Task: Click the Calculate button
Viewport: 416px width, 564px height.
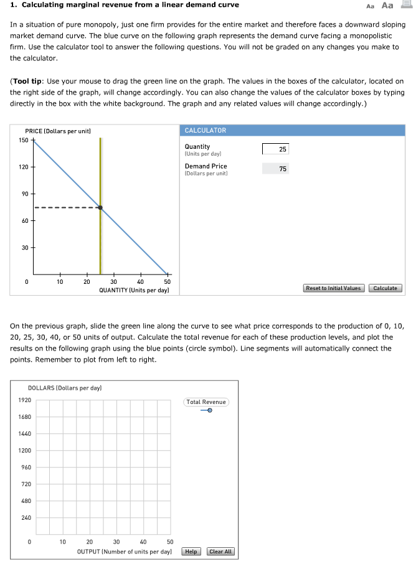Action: tap(385, 288)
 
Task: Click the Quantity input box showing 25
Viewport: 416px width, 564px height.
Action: tap(275, 149)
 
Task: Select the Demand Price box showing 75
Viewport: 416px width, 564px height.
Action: tap(275, 169)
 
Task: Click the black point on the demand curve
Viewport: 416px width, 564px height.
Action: tap(100, 208)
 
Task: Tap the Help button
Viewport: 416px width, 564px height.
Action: tap(191, 552)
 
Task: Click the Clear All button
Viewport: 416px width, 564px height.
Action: tap(220, 552)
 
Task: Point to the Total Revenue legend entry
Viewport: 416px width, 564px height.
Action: tap(206, 402)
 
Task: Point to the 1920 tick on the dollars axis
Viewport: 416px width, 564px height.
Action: tap(24, 400)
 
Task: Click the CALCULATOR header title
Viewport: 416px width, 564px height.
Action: tap(206, 130)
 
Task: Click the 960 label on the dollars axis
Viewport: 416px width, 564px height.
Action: tap(24, 467)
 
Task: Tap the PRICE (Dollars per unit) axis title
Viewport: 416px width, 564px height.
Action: tap(58, 131)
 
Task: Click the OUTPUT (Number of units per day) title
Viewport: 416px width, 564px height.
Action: tap(124, 552)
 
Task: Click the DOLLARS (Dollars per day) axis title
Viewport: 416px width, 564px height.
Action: tap(65, 388)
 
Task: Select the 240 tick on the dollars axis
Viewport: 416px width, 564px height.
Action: tap(24, 517)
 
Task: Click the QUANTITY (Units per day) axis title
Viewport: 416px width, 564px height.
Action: tap(134, 291)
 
